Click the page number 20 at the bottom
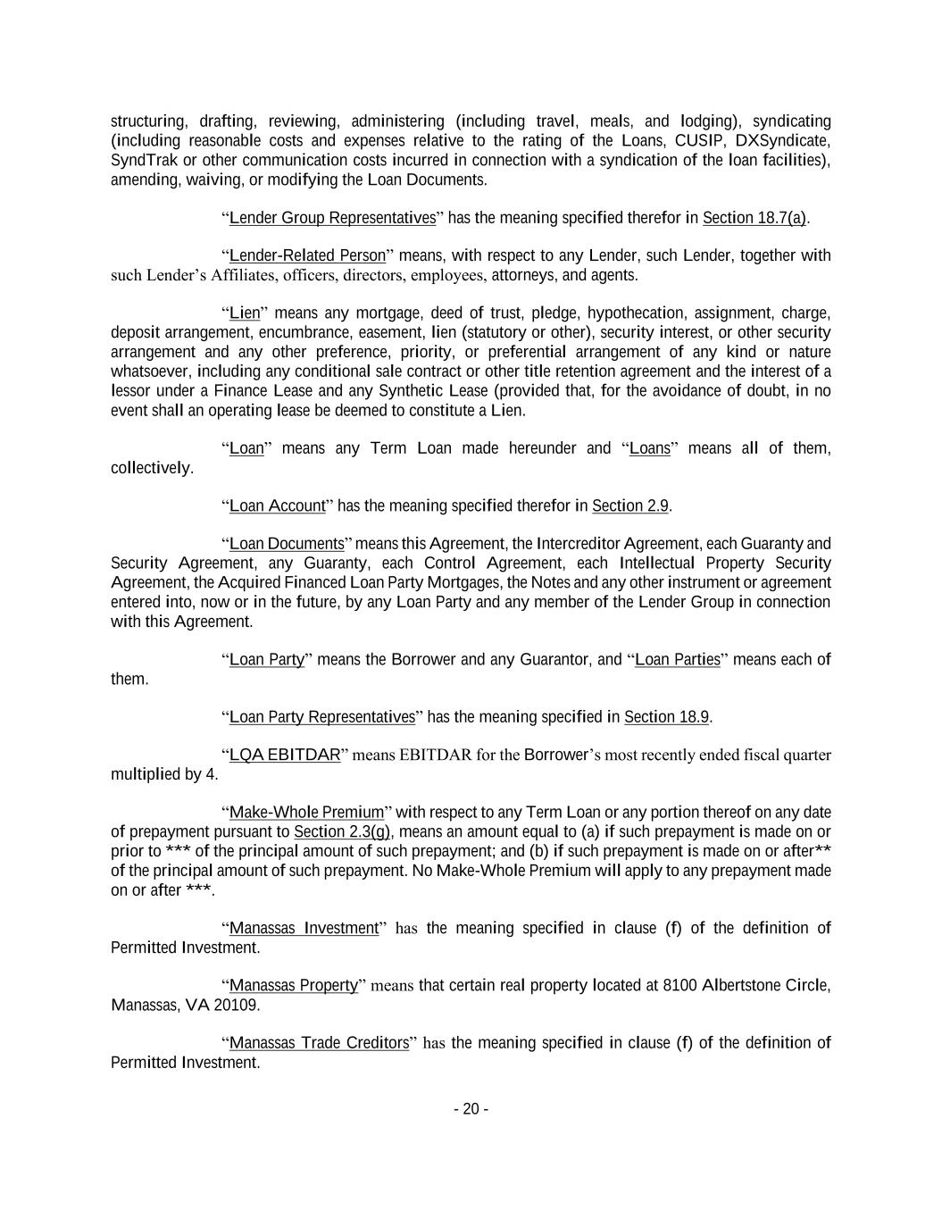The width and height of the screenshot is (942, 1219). [471, 1109]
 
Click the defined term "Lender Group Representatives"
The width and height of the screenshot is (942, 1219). [332, 218]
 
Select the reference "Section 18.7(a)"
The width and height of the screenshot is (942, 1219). [754, 218]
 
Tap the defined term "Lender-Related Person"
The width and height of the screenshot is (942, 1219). [307, 256]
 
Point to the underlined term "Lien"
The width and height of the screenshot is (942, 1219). [245, 313]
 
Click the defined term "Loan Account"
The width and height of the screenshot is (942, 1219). [277, 506]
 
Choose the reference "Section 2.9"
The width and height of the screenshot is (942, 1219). [630, 506]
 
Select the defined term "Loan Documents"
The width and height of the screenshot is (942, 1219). [287, 544]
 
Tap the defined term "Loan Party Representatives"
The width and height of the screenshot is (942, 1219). [322, 717]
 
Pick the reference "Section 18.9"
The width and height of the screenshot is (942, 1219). [666, 717]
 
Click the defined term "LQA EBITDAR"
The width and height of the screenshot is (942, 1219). [285, 756]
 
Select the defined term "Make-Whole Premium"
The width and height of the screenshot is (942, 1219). [306, 813]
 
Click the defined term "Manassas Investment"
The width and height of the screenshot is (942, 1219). [304, 929]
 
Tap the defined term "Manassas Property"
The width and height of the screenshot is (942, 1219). [294, 986]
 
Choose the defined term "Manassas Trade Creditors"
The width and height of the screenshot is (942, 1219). [319, 1043]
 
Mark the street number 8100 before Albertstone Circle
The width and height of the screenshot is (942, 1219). [679, 986]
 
